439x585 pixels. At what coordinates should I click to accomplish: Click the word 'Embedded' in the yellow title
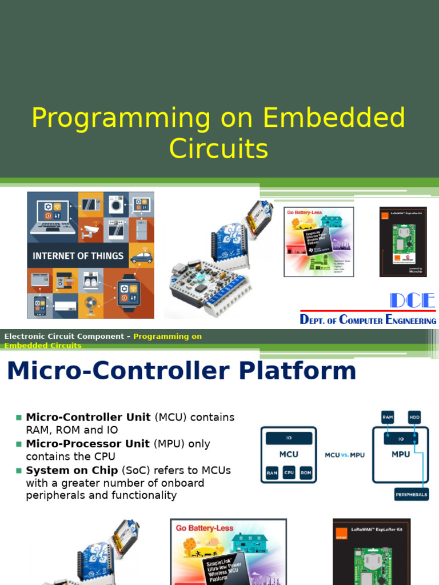[x=334, y=118]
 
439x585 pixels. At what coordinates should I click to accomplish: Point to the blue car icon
[x=141, y=257]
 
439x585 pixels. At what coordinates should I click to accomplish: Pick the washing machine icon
[x=116, y=205]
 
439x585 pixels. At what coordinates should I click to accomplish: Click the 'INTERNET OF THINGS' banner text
[x=78, y=256]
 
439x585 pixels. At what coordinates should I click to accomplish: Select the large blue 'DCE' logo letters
[x=412, y=301]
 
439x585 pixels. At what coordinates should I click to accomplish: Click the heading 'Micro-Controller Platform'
[x=181, y=371]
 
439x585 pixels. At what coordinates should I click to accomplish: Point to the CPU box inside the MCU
[x=290, y=472]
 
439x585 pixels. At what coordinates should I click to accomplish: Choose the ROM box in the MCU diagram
[x=306, y=472]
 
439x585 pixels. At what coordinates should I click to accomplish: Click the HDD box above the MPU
[x=414, y=418]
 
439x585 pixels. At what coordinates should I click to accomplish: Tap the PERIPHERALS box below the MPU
[x=411, y=495]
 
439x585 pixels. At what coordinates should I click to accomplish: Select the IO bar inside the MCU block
[x=289, y=438]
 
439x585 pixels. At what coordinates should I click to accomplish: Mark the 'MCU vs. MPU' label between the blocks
[x=345, y=455]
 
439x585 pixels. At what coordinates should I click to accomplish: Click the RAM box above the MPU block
[x=388, y=418]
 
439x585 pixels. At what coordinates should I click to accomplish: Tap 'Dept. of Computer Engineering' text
[x=368, y=320]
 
